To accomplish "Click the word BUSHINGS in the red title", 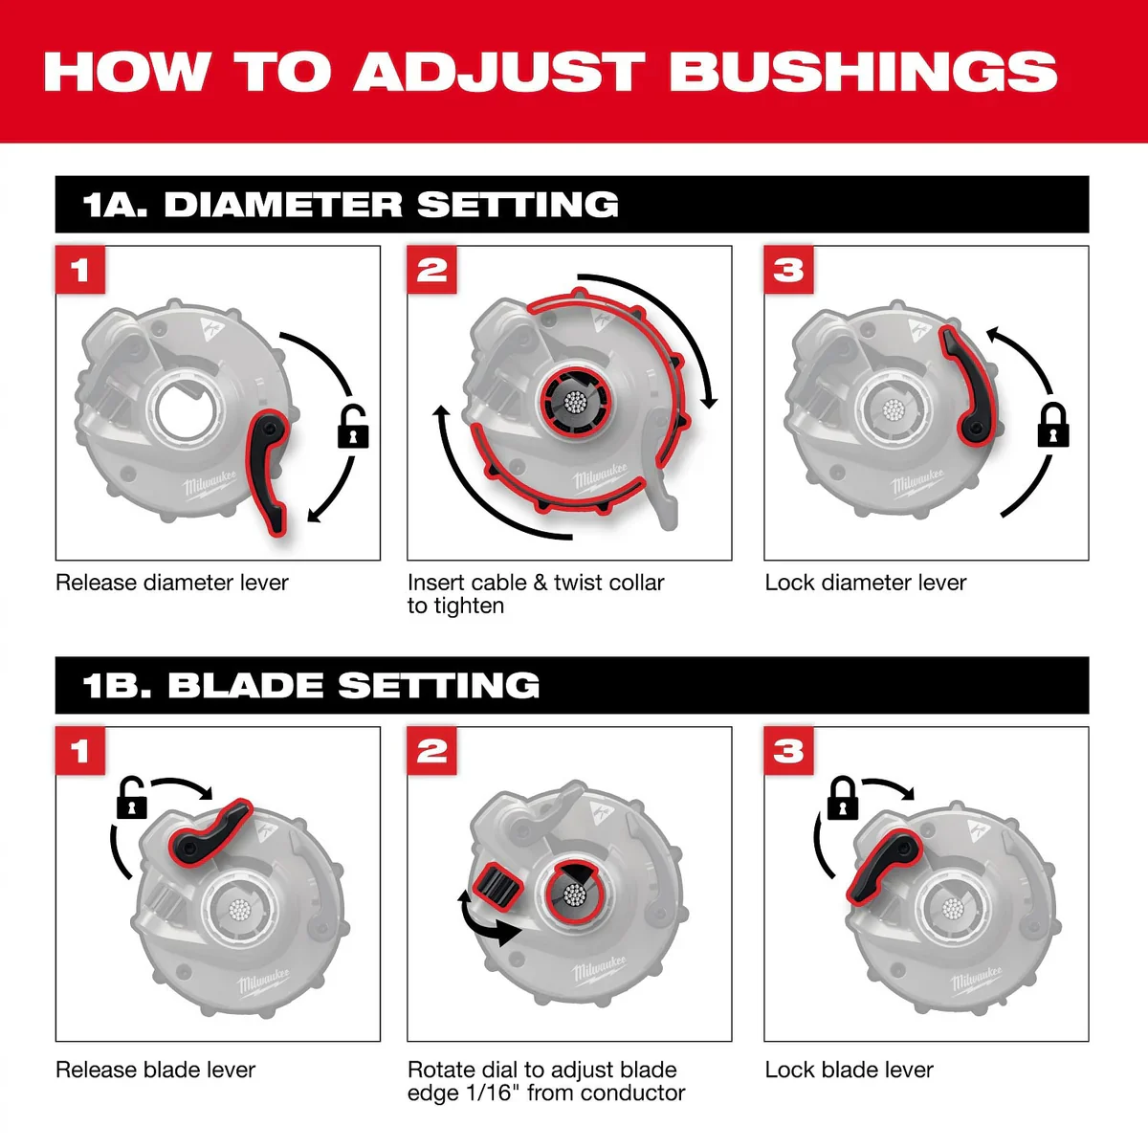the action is pos(863,72).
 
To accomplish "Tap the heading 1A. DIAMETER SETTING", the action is pos(350,205).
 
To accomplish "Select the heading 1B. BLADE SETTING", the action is pos(311,685).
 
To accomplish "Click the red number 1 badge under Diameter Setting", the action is pos(79,269).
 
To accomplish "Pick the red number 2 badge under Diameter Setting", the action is pos(431,269).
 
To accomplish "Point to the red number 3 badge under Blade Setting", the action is pos(788,751).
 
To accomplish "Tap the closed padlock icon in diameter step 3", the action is pos(1053,425).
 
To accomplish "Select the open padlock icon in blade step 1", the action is pos(132,797).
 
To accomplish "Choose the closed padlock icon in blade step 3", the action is pos(843,797).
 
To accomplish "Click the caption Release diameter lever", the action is pos(171,583).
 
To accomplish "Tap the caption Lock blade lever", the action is pos(849,1070).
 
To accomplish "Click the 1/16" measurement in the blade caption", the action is pos(489,1093).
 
